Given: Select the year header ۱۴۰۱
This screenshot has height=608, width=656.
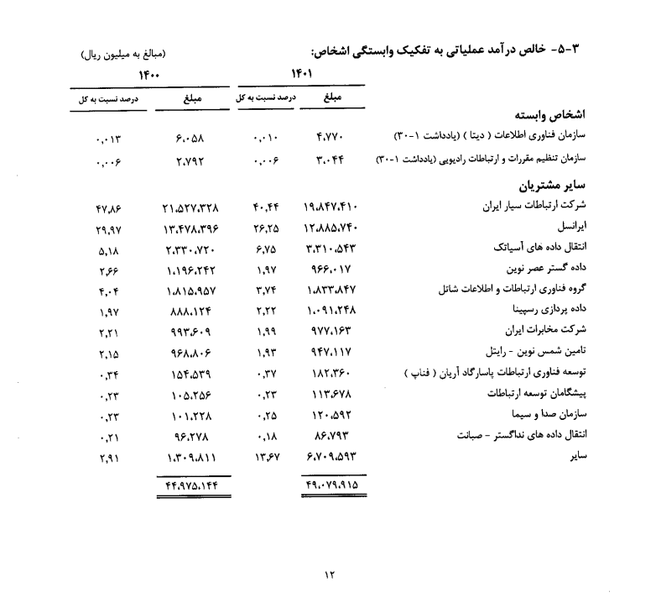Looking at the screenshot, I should pyautogui.click(x=303, y=74).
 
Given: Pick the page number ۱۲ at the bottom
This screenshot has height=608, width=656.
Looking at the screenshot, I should pyautogui.click(x=329, y=574).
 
